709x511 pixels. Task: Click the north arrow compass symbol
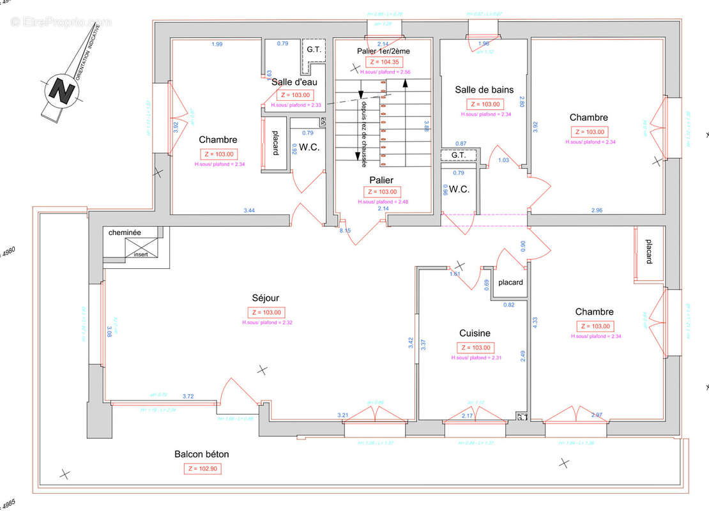(x=63, y=91)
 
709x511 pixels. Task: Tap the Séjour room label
(x=265, y=298)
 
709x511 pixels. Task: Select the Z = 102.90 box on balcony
(x=204, y=468)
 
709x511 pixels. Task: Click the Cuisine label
(x=475, y=333)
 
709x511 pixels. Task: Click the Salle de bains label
(x=484, y=90)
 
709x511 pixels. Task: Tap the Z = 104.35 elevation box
(x=383, y=62)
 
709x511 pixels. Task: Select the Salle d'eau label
(x=294, y=82)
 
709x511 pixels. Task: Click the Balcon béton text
(x=201, y=455)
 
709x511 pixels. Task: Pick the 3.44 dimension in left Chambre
(x=250, y=210)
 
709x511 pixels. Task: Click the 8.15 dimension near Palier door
(x=345, y=231)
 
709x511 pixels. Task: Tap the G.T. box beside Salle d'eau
(x=313, y=49)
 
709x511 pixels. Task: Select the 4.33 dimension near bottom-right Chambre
(x=535, y=323)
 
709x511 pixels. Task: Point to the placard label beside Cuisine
(x=510, y=282)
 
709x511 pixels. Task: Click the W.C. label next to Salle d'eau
(x=309, y=147)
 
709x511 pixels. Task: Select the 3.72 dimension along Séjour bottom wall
(x=188, y=397)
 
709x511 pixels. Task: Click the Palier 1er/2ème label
(x=383, y=50)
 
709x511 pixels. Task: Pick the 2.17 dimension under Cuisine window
(x=468, y=416)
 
